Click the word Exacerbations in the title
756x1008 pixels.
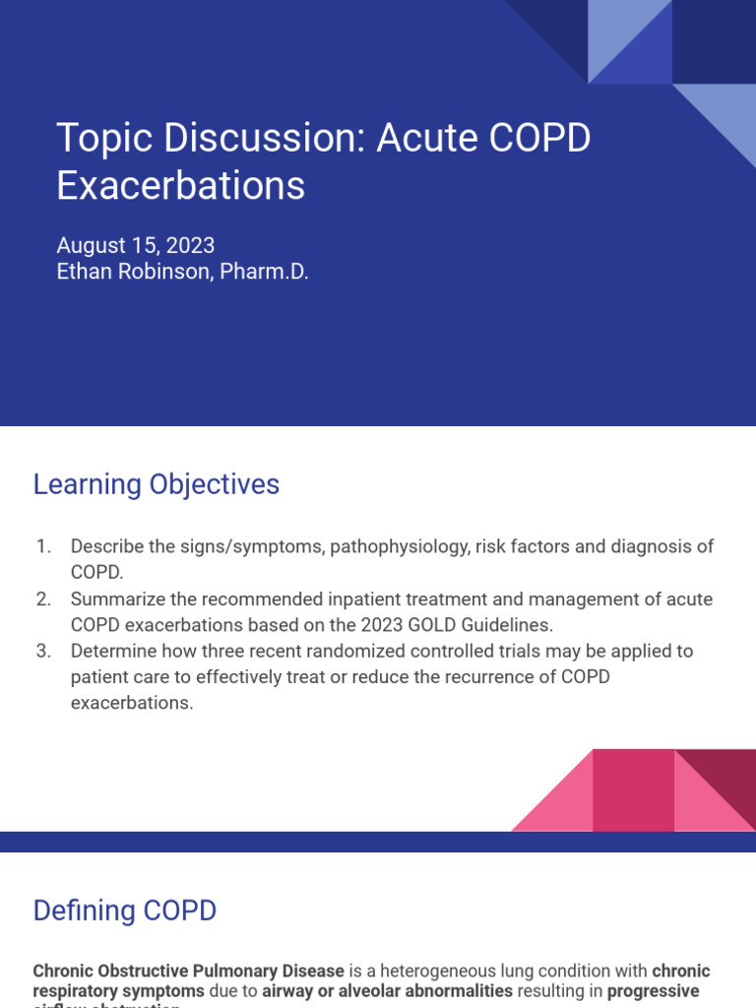point(181,186)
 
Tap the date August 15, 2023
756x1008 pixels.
point(136,245)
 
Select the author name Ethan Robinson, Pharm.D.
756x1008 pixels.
point(182,272)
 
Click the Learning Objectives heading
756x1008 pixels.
point(157,484)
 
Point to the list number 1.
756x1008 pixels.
point(42,546)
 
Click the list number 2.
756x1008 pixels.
point(42,598)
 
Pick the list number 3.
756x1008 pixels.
point(42,651)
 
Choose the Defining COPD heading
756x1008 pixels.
point(125,911)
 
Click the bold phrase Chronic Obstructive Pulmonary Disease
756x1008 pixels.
point(189,971)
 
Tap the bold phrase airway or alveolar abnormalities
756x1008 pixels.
point(387,990)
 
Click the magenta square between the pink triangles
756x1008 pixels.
point(633,790)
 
